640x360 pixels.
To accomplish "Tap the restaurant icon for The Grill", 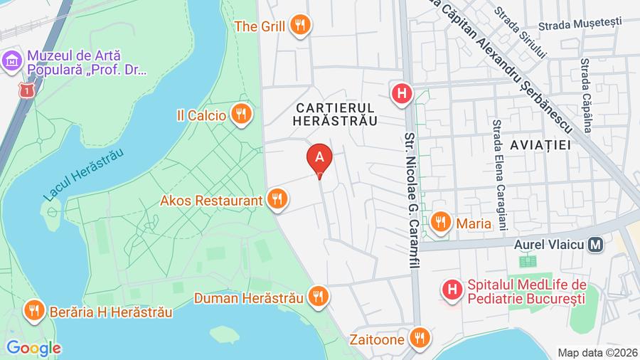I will pos(302,26).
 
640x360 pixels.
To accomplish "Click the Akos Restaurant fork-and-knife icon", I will pos(278,200).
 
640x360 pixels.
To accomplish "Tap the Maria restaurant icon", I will pos(441,223).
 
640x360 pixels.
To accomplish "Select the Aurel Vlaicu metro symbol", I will pos(597,244).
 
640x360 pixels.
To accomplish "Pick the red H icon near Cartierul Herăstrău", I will pos(402,92).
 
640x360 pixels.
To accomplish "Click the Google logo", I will pos(33,348).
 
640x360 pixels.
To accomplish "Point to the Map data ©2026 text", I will pos(597,352).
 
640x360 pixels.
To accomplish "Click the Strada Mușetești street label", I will pos(580,24).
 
